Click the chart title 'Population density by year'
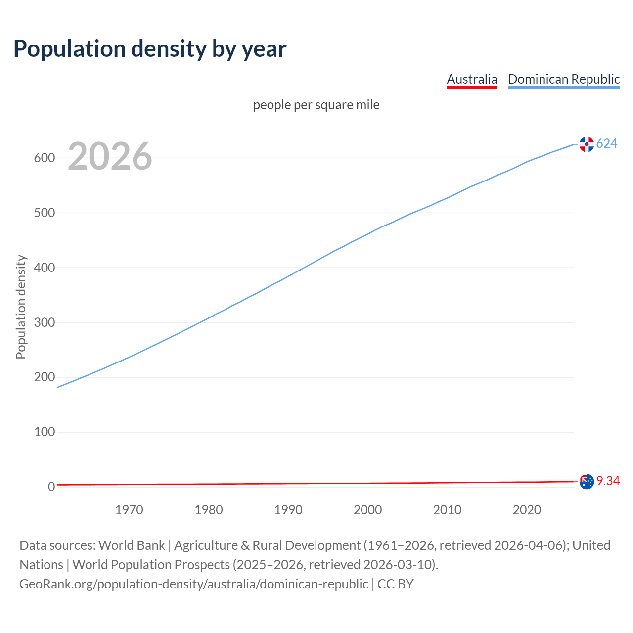point(150,49)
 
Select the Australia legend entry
point(472,79)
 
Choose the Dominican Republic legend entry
point(564,79)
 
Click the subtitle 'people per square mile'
point(316,105)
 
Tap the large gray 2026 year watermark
point(110,156)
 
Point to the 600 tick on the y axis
point(44,158)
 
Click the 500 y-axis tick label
point(44,213)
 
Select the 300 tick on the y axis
point(44,322)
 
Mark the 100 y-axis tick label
point(44,432)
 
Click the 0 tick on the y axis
point(51,487)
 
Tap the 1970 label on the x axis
point(129,510)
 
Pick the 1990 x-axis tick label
point(288,510)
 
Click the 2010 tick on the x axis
point(447,510)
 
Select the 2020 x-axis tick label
point(527,510)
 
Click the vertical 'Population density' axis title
point(21,307)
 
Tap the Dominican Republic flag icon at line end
point(587,144)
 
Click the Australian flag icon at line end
point(587,481)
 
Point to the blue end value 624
point(607,144)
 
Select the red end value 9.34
point(608,481)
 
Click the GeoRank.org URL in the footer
point(194,584)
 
